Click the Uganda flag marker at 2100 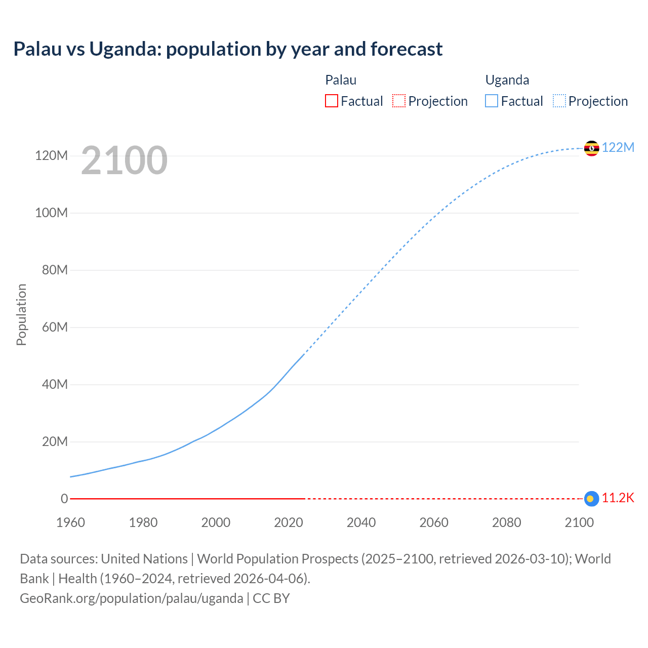tap(591, 148)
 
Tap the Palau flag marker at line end tap(591, 499)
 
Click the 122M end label tap(618, 147)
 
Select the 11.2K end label tap(618, 498)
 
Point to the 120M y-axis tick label tap(51, 155)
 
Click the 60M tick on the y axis tap(55, 327)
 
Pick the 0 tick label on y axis tap(64, 499)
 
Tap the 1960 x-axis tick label tap(70, 522)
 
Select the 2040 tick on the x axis tap(361, 522)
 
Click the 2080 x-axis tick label tap(506, 522)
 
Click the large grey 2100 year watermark tap(124, 160)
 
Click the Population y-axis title tap(21, 314)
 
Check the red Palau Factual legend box tap(331, 101)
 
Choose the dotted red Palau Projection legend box tap(399, 101)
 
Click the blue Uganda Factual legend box tap(492, 101)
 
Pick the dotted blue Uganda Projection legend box tap(559, 101)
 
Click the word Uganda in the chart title tap(118, 49)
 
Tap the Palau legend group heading tap(341, 80)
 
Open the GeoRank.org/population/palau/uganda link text tap(131, 598)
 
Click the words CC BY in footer tap(271, 598)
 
